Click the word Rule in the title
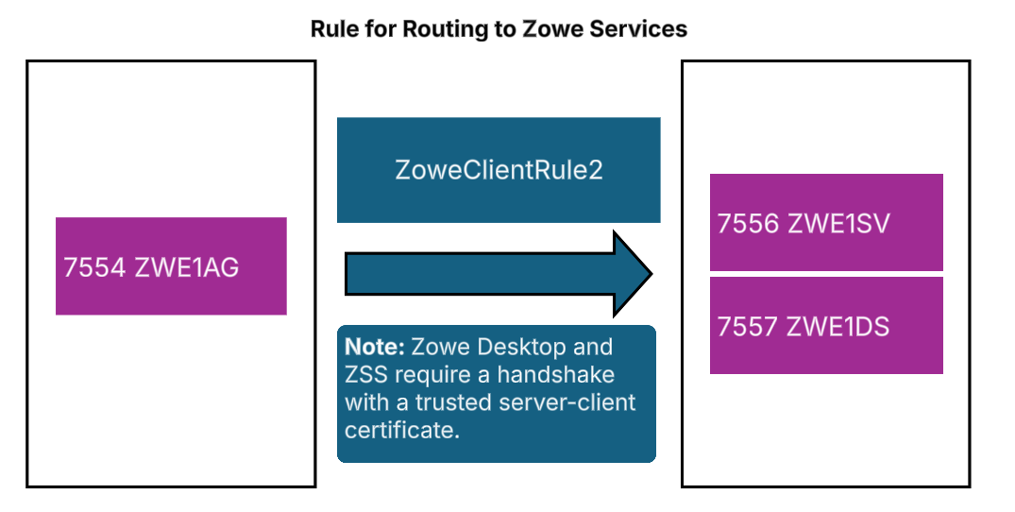tap(332, 29)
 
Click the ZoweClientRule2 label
tap(498, 171)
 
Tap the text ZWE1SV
tap(840, 224)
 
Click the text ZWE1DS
tap(840, 327)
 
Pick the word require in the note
tap(425, 375)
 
